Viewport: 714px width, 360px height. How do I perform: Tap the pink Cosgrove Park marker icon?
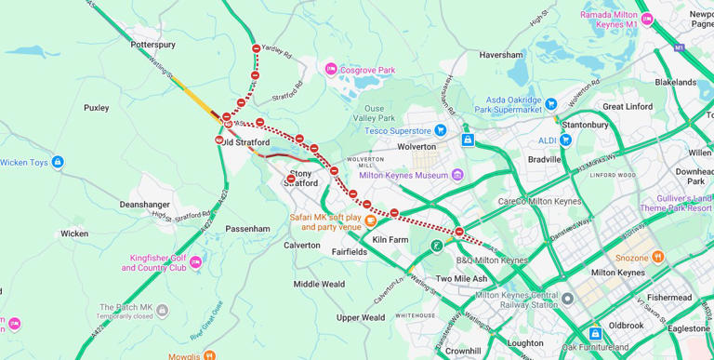click(x=330, y=69)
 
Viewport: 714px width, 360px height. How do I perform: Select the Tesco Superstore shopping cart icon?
click(x=441, y=130)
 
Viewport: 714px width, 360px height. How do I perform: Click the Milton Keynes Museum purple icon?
click(x=457, y=175)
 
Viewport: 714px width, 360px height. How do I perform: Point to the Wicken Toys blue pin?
click(x=58, y=162)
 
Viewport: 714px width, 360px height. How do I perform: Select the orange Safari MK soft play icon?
click(x=371, y=220)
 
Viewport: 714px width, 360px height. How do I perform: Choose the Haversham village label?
click(x=501, y=55)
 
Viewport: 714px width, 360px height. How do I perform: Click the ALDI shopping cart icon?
click(x=565, y=140)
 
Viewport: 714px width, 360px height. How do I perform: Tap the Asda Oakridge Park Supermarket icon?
click(x=551, y=103)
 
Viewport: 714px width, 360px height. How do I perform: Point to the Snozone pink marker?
click(x=658, y=257)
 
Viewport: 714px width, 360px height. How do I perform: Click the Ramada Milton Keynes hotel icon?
click(x=647, y=20)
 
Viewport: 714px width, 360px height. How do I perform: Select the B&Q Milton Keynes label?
click(x=491, y=260)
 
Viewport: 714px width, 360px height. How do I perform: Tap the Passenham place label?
click(x=247, y=228)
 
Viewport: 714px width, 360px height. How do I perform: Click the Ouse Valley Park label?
click(x=378, y=113)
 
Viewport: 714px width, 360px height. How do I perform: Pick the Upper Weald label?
click(x=361, y=317)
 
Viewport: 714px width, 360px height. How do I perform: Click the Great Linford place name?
click(x=628, y=106)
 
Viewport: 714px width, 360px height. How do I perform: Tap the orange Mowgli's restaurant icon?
click(x=209, y=355)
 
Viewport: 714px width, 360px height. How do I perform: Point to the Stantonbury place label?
click(x=585, y=124)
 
